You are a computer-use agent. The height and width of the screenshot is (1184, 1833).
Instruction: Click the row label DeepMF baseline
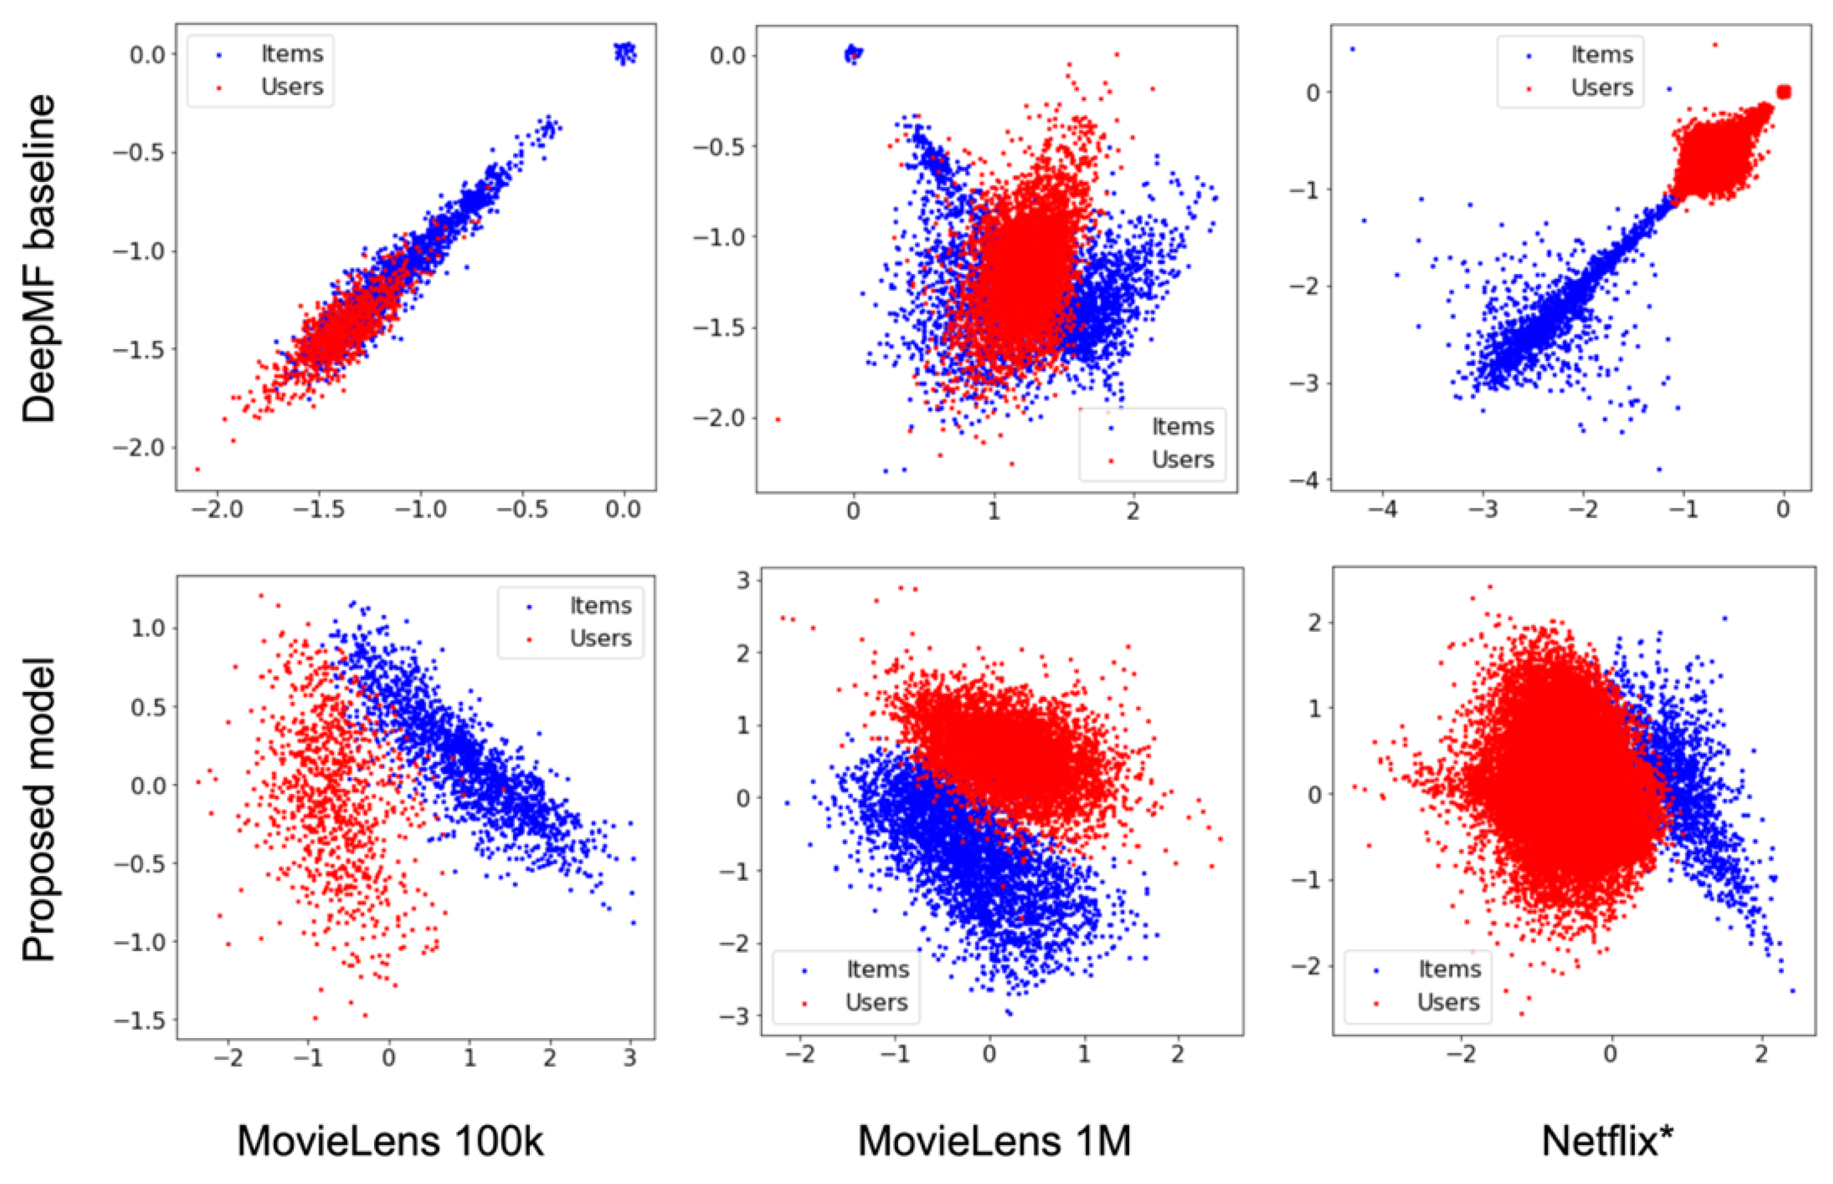click(x=39, y=258)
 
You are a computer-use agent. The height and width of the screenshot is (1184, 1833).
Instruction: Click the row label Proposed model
click(x=39, y=809)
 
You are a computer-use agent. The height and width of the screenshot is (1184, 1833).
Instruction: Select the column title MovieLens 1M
click(x=994, y=1140)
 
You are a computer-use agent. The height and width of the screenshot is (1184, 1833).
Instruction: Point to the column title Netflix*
click(x=1607, y=1140)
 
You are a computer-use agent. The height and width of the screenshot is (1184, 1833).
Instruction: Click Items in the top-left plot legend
click(x=291, y=54)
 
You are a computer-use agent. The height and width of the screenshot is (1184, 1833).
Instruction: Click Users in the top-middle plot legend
click(x=1182, y=460)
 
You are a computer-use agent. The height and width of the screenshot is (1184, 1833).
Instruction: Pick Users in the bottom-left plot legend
click(x=600, y=638)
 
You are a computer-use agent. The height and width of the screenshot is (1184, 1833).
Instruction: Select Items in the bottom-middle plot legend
click(x=877, y=970)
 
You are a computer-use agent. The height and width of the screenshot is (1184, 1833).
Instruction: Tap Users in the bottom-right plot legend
click(x=1448, y=1003)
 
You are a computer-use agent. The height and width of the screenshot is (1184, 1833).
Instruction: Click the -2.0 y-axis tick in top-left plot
click(x=139, y=447)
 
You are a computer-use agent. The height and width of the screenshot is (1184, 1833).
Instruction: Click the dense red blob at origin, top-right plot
click(x=1784, y=93)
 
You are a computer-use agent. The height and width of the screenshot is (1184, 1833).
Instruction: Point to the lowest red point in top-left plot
click(x=198, y=469)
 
